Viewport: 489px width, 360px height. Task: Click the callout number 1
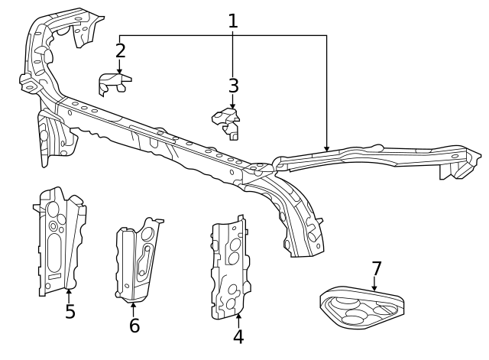point(233,21)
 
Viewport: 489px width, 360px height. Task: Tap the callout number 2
point(120,51)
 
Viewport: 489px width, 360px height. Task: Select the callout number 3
point(233,86)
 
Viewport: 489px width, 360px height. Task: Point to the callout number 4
point(238,336)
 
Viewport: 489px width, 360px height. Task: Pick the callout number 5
point(70,312)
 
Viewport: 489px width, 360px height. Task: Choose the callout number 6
point(134,326)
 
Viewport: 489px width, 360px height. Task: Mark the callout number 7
point(376,269)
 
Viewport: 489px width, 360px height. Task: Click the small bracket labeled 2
point(114,83)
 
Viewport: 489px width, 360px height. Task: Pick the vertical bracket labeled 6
point(138,260)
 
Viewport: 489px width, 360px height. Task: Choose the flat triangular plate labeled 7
point(361,307)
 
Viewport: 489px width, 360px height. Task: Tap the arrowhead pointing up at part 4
point(238,316)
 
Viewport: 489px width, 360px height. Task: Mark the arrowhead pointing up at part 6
point(134,304)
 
